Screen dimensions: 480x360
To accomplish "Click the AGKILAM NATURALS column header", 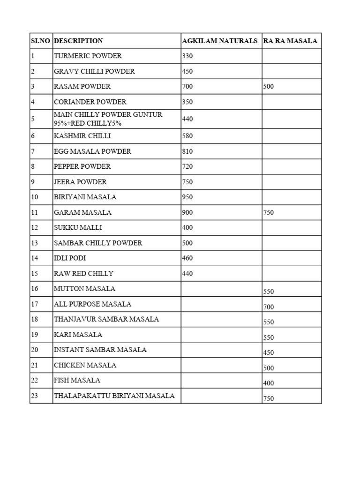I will tap(219, 41).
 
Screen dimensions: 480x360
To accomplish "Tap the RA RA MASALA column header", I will tap(290, 41).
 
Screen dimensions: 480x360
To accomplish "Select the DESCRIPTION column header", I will tap(78, 41).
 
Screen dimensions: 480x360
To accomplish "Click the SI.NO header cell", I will tap(41, 41).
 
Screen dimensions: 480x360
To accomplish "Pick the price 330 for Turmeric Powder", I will tap(187, 56).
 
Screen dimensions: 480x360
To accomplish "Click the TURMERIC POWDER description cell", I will tap(88, 56).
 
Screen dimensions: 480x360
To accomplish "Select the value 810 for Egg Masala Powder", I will tap(187, 151).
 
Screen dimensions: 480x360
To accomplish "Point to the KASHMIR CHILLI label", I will tap(82, 136).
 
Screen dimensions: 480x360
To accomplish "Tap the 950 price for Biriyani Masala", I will tap(187, 197).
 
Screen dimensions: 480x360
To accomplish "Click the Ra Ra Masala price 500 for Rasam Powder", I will tap(269, 87).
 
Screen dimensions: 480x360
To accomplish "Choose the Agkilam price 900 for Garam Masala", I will tap(187, 212).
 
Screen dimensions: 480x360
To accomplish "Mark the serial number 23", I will tap(34, 396).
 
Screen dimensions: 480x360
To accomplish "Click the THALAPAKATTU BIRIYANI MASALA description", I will tap(114, 396).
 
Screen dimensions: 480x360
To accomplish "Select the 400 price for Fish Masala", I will tap(269, 383).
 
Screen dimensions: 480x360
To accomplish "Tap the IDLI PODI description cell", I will tap(70, 258).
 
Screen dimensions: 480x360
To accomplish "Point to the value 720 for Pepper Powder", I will tap(187, 166).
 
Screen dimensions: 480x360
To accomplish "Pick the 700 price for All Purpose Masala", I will tap(269, 307).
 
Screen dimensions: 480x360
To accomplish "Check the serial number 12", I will tap(34, 228).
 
